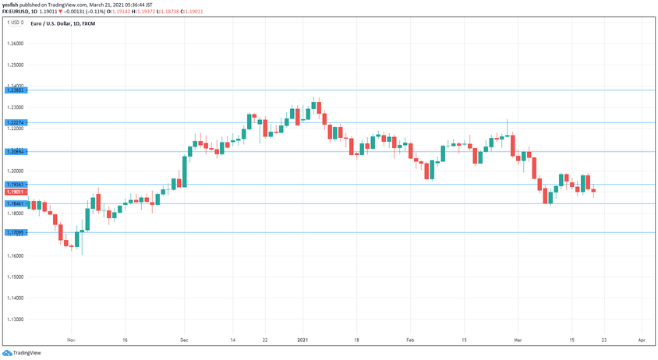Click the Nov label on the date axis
click(71, 341)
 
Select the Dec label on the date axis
click(184, 341)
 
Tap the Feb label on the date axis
click(410, 341)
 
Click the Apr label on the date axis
click(641, 341)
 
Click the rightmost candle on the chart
click(594, 191)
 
